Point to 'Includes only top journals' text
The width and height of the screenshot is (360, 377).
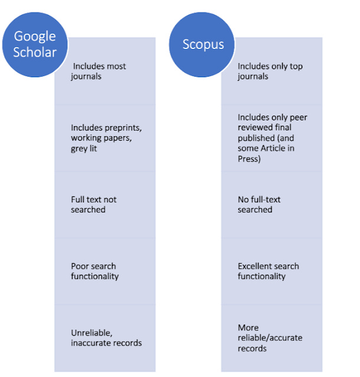pyautogui.click(x=270, y=71)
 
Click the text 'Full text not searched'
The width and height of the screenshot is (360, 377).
pyautogui.click(x=94, y=204)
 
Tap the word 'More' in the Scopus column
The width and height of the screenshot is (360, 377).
pyautogui.click(x=248, y=327)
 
